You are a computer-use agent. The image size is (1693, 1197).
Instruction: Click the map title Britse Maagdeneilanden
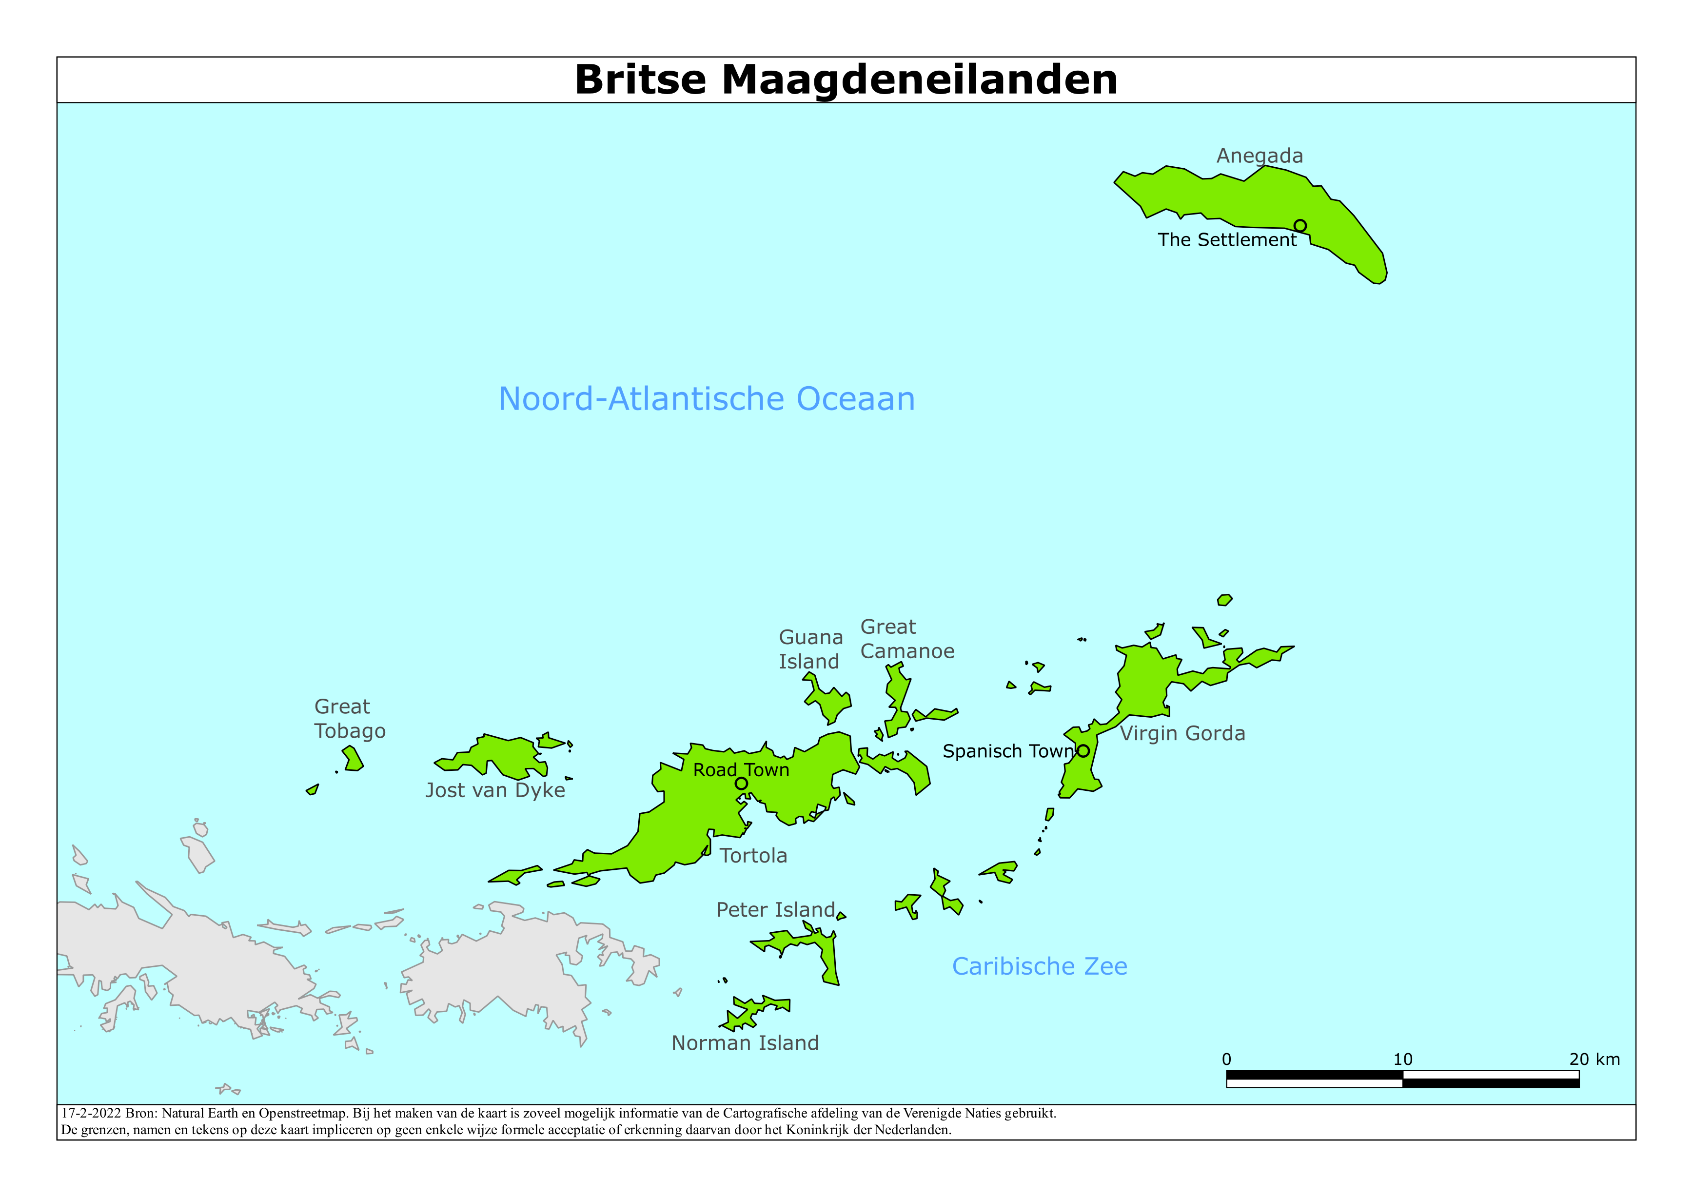click(846, 79)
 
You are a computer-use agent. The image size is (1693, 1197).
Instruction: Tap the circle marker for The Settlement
click(1300, 226)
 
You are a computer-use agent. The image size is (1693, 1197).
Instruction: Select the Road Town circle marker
click(741, 783)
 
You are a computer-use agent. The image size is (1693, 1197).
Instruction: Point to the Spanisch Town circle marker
click(1083, 751)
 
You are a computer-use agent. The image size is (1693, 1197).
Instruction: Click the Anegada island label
click(1260, 156)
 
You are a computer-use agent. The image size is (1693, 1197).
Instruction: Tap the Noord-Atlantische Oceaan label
click(707, 399)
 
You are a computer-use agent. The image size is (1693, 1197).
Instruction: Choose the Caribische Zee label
click(1039, 966)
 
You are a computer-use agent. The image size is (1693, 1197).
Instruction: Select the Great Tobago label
click(350, 718)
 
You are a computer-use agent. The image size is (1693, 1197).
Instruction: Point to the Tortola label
click(753, 856)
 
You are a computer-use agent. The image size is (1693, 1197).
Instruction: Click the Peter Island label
click(776, 909)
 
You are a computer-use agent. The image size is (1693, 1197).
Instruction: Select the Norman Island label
click(745, 1043)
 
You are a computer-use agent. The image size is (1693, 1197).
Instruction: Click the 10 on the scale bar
click(1402, 1059)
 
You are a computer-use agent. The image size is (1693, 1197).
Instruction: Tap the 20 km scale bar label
click(1594, 1059)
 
